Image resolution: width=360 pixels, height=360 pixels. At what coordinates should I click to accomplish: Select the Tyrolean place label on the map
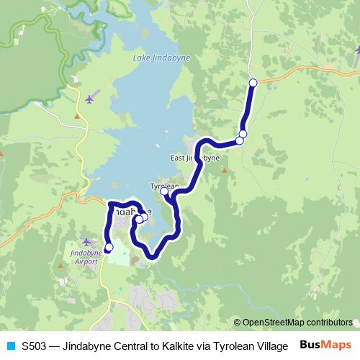163,185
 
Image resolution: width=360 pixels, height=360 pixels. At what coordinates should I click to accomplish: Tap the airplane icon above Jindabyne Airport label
87,241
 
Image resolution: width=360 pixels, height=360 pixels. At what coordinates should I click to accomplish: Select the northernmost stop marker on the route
253,83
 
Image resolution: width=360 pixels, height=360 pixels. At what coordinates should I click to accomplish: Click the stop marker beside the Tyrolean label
165,192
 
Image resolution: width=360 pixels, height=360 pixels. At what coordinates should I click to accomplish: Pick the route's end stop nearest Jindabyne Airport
109,248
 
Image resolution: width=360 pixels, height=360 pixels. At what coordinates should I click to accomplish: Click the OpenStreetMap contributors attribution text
297,323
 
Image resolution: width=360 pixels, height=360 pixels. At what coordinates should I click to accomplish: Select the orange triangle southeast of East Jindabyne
224,171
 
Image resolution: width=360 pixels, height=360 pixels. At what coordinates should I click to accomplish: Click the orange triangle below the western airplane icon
77,116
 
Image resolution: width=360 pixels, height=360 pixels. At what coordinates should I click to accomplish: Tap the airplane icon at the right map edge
357,50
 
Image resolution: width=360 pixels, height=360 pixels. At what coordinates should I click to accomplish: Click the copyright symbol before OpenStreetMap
237,323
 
